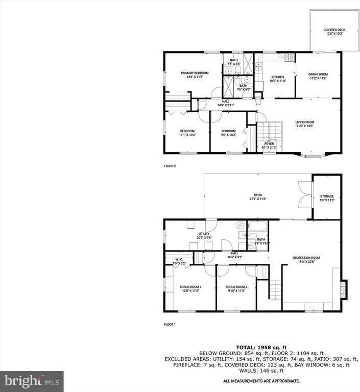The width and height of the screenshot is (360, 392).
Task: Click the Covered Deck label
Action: [334, 32]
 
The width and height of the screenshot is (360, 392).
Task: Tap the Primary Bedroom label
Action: [195, 75]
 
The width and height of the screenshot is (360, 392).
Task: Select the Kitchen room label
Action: [278, 79]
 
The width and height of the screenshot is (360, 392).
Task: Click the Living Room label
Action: [305, 124]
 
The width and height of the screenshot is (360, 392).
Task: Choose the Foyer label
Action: [269, 145]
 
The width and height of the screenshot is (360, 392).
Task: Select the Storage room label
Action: [327, 198]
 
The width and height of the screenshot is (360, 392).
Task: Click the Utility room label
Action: [204, 235]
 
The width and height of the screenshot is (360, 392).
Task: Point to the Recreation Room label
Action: [306, 259]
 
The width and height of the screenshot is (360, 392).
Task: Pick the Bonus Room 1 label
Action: [190, 289]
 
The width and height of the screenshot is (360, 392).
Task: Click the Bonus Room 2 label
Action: [236, 289]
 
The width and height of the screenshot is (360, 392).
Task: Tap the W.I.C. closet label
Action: [179, 261]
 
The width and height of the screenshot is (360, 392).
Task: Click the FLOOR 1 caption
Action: [170, 325]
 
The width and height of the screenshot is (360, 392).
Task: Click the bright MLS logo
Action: [32, 381]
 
